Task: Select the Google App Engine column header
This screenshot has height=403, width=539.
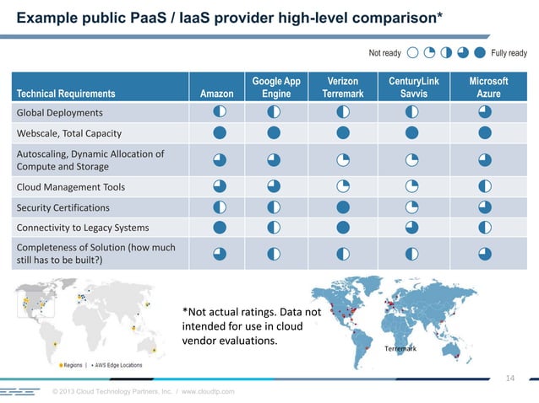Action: point(276,88)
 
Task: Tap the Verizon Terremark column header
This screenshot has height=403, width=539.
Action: point(342,88)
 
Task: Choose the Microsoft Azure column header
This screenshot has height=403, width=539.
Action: point(488,88)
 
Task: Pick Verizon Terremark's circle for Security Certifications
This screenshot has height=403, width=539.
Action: point(343,207)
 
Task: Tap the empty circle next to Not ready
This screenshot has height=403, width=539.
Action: point(413,53)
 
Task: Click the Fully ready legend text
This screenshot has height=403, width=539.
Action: point(509,53)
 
